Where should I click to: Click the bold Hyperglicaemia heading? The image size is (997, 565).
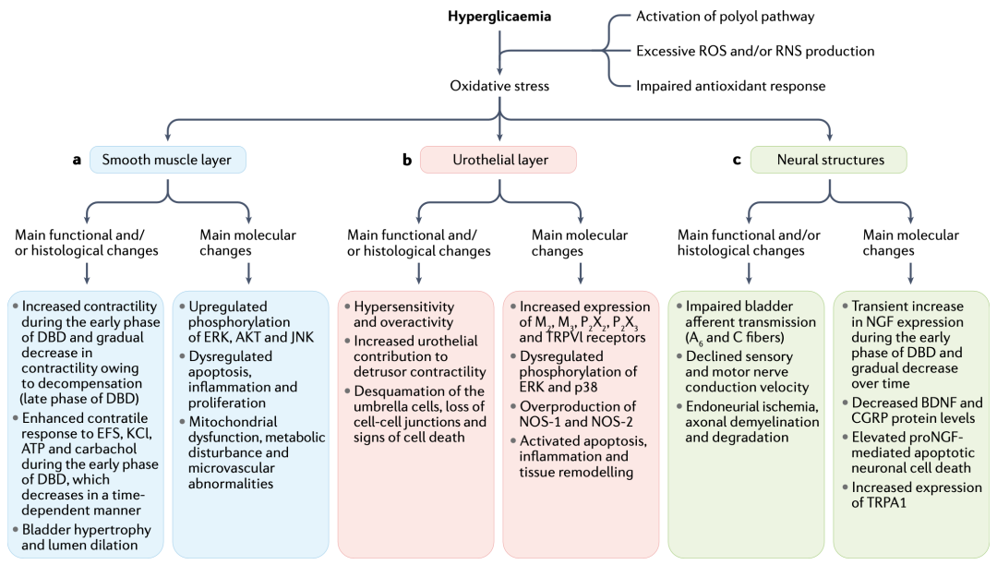tap(499, 17)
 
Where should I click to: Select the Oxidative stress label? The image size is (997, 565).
tap(499, 86)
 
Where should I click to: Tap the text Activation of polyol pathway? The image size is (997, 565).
tap(725, 17)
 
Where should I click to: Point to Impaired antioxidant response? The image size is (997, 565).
tap(730, 86)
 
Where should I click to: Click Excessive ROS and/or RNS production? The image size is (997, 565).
tap(755, 51)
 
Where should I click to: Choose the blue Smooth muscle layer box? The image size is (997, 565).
tap(167, 160)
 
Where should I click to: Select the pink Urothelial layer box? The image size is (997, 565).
tap(498, 160)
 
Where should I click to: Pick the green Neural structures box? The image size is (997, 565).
tap(828, 160)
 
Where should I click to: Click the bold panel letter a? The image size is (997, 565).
tap(77, 160)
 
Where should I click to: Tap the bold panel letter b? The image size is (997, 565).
tap(407, 160)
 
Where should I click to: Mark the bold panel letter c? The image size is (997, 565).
tap(737, 160)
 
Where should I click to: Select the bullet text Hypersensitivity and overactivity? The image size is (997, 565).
tap(403, 314)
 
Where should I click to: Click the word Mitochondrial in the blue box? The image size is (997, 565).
tap(233, 421)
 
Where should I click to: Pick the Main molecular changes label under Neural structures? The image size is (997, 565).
tap(910, 243)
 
